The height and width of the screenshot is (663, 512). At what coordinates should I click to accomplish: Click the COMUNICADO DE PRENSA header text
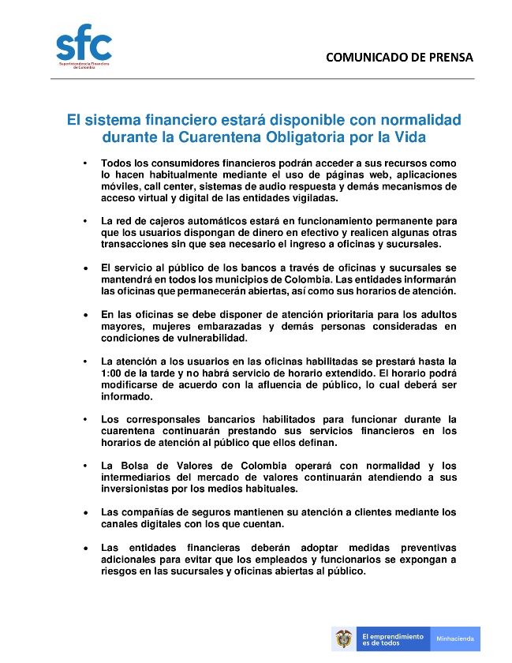(399, 58)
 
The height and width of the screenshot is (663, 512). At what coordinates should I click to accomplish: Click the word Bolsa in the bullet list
(138, 465)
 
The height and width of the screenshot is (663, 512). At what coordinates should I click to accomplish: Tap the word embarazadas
(225, 326)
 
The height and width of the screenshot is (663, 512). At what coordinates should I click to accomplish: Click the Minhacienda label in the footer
(455, 639)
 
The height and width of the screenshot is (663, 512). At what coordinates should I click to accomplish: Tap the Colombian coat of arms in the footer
(343, 638)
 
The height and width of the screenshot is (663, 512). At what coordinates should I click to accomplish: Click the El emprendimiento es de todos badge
(391, 639)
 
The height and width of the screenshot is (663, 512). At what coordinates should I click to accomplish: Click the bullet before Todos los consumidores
(84, 163)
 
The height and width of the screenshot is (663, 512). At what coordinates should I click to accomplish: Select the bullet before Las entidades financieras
(84, 548)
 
